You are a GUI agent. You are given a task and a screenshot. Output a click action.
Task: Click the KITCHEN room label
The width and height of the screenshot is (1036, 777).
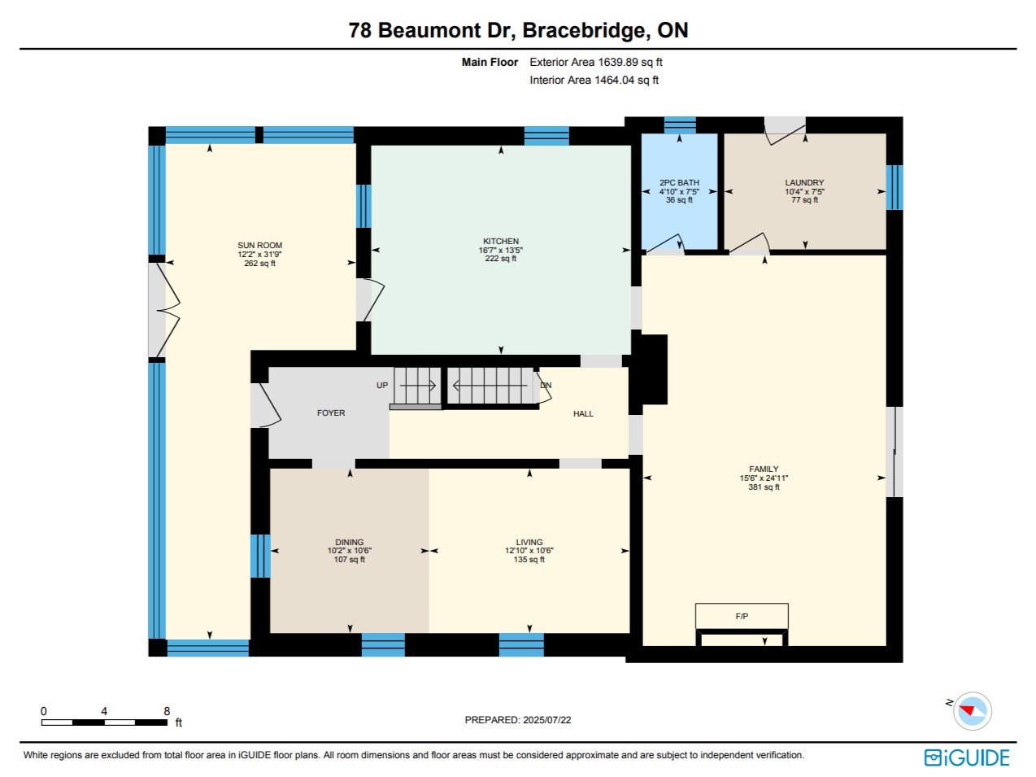(500, 241)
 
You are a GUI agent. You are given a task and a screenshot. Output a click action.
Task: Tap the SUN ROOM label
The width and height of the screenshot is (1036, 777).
(259, 246)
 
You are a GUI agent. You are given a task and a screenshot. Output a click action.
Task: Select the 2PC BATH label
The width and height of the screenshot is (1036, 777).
(679, 183)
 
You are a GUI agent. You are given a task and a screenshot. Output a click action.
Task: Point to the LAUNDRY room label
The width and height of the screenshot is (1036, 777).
(804, 183)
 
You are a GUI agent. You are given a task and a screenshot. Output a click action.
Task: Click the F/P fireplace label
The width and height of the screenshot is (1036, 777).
(742, 617)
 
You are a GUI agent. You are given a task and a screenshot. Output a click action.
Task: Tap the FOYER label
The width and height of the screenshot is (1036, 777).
(331, 413)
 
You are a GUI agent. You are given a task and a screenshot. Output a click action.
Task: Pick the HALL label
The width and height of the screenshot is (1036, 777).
(583, 414)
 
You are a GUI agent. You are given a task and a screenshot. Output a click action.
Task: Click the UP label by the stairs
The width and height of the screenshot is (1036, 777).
(382, 386)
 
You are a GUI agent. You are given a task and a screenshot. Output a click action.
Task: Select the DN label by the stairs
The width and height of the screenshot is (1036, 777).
(546, 386)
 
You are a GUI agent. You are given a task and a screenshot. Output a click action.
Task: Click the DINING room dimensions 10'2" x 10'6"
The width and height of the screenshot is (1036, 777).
(350, 551)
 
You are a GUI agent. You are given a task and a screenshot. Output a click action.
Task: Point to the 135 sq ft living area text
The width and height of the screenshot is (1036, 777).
(529, 560)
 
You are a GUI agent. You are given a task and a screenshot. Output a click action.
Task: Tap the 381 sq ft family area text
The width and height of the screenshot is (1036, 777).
(764, 487)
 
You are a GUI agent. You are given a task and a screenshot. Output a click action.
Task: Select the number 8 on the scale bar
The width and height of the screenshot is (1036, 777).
(167, 711)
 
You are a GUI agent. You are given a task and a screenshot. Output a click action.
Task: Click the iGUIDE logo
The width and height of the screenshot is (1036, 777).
(967, 757)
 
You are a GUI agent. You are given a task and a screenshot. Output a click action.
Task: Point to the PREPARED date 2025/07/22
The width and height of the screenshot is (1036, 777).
(547, 720)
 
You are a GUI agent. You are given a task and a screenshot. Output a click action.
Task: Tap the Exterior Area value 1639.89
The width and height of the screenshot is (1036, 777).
(618, 63)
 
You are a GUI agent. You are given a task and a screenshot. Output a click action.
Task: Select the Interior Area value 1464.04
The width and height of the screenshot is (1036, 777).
(614, 81)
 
